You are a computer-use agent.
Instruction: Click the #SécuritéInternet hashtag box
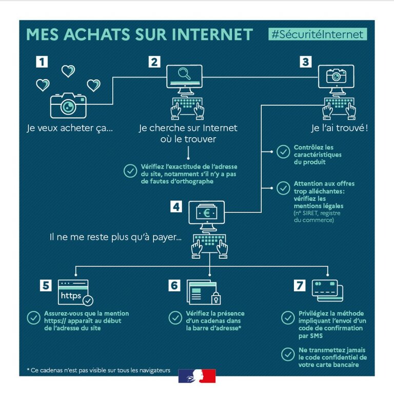(x=318, y=34)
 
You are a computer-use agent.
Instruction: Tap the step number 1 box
(x=42, y=62)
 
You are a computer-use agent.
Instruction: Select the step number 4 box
(x=176, y=207)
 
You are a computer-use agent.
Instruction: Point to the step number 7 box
(x=300, y=286)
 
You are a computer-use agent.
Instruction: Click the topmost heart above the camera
(x=68, y=71)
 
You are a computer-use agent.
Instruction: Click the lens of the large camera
(x=68, y=107)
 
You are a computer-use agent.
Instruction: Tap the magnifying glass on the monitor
(x=184, y=74)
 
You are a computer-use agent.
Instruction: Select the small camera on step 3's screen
(x=336, y=76)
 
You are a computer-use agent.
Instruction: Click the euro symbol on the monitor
(x=207, y=213)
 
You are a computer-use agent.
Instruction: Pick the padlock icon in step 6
(x=215, y=298)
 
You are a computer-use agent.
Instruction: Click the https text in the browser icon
(x=71, y=296)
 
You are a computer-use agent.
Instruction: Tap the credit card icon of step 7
(x=327, y=290)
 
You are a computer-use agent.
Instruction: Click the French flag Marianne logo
(x=197, y=376)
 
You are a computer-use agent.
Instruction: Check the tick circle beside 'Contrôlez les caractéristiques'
(x=283, y=152)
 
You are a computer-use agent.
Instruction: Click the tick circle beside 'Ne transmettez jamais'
(x=288, y=354)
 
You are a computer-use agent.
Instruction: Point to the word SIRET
(x=310, y=213)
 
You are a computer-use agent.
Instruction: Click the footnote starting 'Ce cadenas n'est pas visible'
(x=98, y=370)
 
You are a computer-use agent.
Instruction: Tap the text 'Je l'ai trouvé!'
(x=340, y=128)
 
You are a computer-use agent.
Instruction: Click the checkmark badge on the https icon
(x=88, y=300)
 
